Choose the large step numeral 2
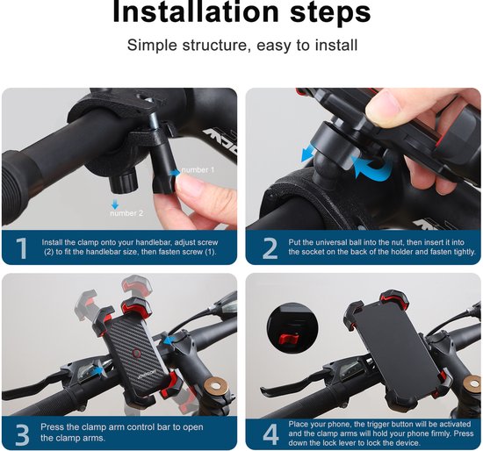pyautogui.click(x=270, y=248)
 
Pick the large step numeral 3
pyautogui.click(x=21, y=433)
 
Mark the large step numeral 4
pyautogui.click(x=270, y=433)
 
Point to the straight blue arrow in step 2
pyautogui.click(x=308, y=154)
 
